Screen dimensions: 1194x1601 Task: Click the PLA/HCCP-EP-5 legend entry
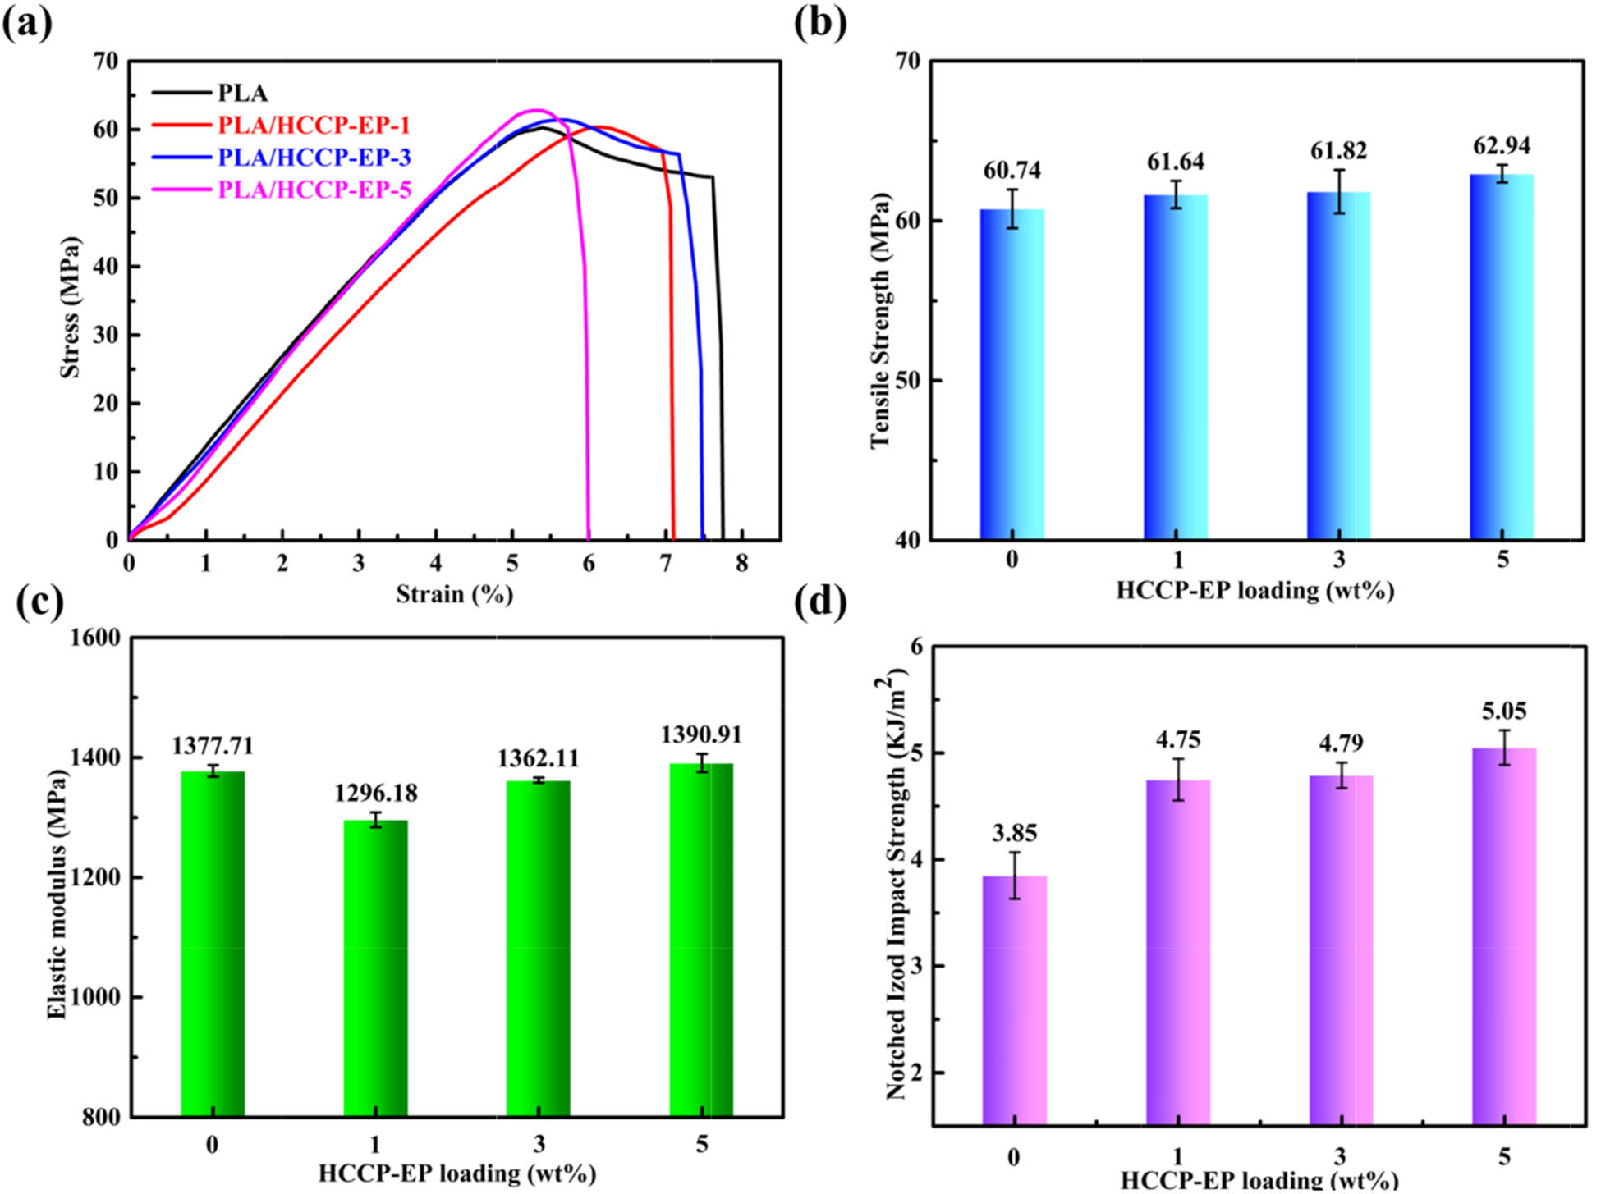(x=314, y=190)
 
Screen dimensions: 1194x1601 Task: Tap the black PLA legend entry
(x=242, y=93)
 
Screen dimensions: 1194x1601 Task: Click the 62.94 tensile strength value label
(x=1502, y=145)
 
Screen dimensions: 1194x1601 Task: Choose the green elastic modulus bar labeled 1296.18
(x=375, y=968)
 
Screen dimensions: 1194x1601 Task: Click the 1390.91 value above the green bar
(x=701, y=734)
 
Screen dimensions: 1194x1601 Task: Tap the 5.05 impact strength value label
(x=1504, y=711)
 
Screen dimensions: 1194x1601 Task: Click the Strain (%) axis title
(x=454, y=594)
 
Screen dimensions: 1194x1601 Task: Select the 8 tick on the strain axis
(x=741, y=564)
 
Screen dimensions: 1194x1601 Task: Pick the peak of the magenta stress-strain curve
(x=537, y=110)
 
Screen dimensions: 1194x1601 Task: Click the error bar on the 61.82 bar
(x=1339, y=191)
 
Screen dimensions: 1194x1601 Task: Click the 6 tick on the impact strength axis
(x=915, y=647)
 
